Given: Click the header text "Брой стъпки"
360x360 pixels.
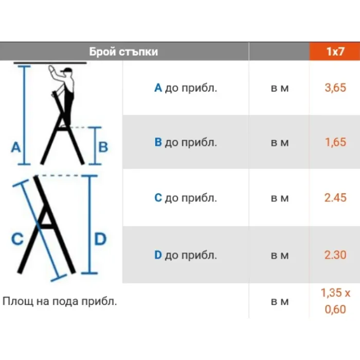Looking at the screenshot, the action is tap(123, 51).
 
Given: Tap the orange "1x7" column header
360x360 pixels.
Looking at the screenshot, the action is tap(335, 51).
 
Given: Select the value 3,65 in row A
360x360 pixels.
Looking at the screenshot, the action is tap(335, 88).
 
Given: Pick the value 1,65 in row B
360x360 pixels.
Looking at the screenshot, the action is tap(335, 142).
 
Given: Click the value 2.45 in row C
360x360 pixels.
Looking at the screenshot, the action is tap(335, 197).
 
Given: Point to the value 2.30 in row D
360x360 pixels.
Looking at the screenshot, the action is tap(335, 255).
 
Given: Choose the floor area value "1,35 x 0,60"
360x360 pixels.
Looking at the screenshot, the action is tap(335, 301).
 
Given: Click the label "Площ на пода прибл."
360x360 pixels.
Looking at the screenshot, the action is tap(60, 301).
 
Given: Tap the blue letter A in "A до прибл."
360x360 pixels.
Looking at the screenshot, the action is tap(158, 88).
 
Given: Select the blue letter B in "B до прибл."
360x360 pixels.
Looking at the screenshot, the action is tap(158, 142).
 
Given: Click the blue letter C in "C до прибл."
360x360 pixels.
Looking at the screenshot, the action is tap(158, 197).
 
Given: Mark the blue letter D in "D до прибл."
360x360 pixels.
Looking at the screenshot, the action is tap(158, 255).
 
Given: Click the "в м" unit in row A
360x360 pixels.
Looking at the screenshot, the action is tap(280, 88).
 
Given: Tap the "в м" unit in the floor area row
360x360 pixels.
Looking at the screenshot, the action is tap(280, 302).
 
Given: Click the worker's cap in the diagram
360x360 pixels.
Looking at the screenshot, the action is tap(67, 70).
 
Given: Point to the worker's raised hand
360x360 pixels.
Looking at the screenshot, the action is tap(52, 69).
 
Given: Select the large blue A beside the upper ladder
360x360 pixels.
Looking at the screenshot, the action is tap(16, 147).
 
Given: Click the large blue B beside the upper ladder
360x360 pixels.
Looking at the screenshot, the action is tap(103, 147).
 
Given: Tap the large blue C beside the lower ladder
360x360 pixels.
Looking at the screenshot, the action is tap(17, 239).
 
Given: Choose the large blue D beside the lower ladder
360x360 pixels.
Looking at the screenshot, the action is tap(100, 239).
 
